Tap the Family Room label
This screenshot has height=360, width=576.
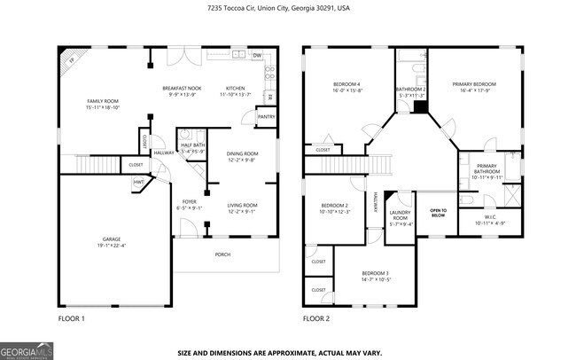(x=103, y=102)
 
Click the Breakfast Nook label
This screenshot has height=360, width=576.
(x=181, y=89)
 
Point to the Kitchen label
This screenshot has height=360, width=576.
(x=235, y=89)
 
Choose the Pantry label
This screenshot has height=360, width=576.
(x=264, y=116)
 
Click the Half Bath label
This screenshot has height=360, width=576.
(x=192, y=145)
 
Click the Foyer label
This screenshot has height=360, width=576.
(x=190, y=201)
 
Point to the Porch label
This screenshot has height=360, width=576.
(x=222, y=254)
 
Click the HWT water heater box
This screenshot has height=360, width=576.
(x=139, y=182)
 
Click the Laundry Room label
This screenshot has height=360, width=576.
(x=401, y=217)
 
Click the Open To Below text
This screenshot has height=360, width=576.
(x=438, y=212)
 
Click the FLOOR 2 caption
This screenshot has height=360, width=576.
(x=316, y=317)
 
